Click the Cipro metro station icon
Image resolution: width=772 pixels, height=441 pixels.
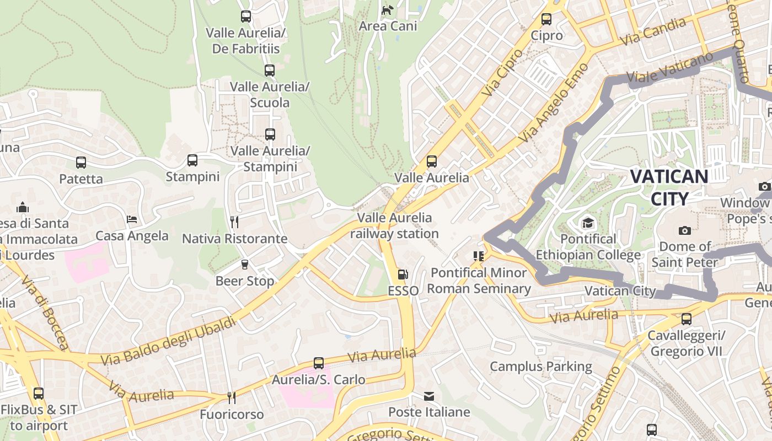546,19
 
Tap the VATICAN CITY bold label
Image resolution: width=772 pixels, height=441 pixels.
669,187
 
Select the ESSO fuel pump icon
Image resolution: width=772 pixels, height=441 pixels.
403,275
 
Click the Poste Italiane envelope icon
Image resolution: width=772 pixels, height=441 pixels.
429,396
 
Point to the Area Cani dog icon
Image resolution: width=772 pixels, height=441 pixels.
388,10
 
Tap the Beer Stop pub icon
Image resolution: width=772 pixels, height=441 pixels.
245,265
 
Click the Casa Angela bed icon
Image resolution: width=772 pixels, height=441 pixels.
132,219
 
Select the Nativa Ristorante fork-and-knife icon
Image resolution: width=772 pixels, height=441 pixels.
234,222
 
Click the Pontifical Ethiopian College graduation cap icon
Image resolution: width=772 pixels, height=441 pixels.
588,223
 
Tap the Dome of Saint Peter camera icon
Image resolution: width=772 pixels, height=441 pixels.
685,230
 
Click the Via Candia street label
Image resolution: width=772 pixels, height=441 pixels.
653,31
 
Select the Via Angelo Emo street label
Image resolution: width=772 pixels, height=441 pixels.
555,103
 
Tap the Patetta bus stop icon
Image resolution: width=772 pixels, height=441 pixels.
81,163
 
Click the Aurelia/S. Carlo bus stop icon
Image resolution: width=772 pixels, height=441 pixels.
319,363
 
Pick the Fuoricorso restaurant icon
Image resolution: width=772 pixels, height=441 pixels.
232,397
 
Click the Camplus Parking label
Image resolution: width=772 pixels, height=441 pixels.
540,367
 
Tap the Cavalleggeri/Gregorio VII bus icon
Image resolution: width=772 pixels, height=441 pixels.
687,319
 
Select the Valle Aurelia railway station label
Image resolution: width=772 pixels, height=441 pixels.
395,225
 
